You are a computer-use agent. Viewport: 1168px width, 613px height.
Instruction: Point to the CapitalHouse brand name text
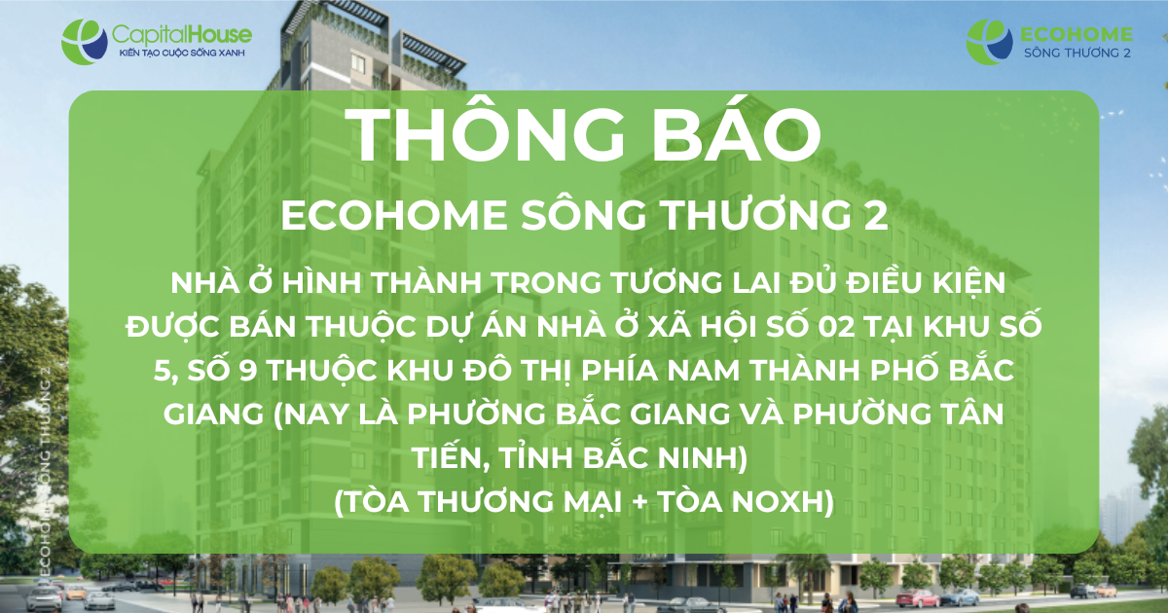(182, 35)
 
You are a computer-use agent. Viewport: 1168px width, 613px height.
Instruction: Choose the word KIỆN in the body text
(969, 284)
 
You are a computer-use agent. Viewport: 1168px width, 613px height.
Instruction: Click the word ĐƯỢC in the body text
(170, 328)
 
